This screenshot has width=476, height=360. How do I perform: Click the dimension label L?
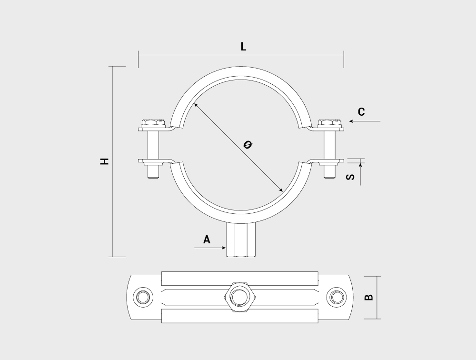pyautogui.click(x=243, y=47)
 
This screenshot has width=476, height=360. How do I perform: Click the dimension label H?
pyautogui.click(x=104, y=161)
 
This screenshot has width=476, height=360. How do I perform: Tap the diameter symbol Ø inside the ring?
pyautogui.click(x=248, y=145)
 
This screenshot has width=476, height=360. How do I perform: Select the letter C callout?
pyautogui.click(x=361, y=112)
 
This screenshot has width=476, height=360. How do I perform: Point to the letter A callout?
pyautogui.click(x=207, y=240)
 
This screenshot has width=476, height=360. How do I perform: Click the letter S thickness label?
pyautogui.click(x=350, y=177)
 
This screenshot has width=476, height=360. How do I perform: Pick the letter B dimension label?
pyautogui.click(x=368, y=297)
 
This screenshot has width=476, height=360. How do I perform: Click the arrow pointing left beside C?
pyautogui.click(x=365, y=121)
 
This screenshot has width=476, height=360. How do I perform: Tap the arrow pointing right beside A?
pyautogui.click(x=210, y=248)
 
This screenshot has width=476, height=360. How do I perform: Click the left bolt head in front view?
pyautogui.click(x=153, y=123)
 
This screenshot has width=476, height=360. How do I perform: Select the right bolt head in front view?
pyautogui.click(x=330, y=123)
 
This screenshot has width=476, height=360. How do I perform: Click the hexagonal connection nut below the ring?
pyautogui.click(x=241, y=240)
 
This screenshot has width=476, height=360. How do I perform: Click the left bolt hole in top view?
pyautogui.click(x=143, y=297)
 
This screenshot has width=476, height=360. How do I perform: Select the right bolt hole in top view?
pyautogui.click(x=337, y=297)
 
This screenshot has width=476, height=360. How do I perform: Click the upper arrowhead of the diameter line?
pyautogui.click(x=196, y=105)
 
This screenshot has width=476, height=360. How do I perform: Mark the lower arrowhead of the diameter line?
pyautogui.click(x=281, y=190)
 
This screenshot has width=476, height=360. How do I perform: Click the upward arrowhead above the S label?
pyautogui.click(x=360, y=165)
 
